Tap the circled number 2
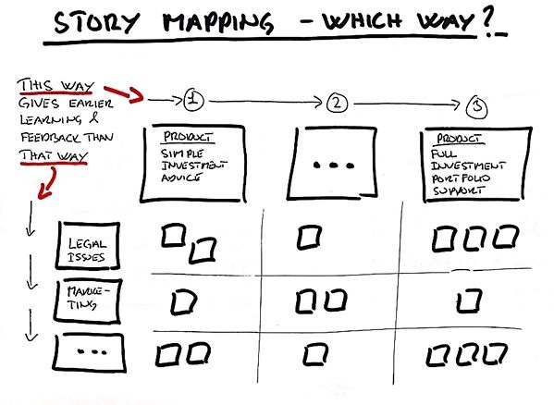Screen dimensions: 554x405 337,103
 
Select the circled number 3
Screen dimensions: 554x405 477,107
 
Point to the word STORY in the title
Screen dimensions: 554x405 96,22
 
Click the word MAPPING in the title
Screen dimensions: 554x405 218,22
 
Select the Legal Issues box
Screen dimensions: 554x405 88,245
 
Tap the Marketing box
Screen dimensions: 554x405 88,301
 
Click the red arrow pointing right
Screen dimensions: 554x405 124,93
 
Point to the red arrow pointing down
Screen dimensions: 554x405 50,184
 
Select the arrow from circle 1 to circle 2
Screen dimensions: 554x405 265,103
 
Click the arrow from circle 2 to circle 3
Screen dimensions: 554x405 407,104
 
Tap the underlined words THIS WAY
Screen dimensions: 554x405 55,86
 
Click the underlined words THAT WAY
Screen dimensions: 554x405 54,155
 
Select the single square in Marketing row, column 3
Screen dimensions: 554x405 469,301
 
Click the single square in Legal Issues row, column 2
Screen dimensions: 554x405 310,238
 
